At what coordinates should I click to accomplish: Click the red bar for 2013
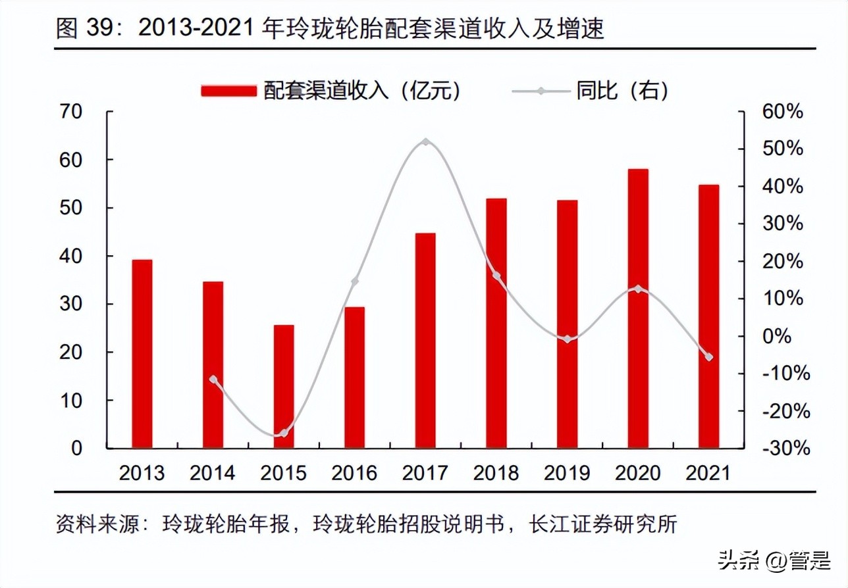pos(142,354)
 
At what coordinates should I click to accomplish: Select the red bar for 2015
pos(284,387)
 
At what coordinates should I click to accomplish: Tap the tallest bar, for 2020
pos(638,308)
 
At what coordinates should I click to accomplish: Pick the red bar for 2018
pos(496,323)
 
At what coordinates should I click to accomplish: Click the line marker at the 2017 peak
pos(425,142)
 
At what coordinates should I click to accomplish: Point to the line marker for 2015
pos(284,433)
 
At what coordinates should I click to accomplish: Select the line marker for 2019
pos(567,339)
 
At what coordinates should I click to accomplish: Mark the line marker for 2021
pos(708,357)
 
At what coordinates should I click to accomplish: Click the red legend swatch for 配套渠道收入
pos(228,91)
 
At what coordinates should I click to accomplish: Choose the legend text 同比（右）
pos(622,91)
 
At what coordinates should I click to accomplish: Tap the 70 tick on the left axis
pos(72,112)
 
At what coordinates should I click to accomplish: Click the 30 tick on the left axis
pos(72,304)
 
